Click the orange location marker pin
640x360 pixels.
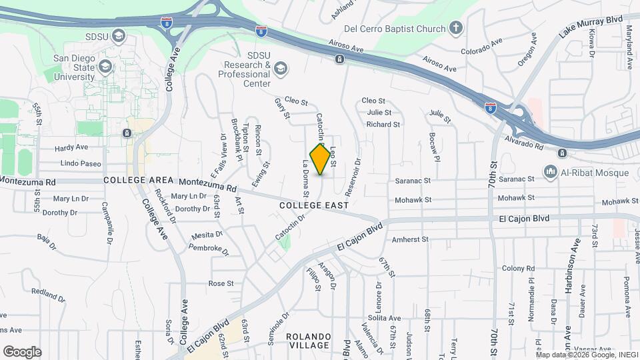321,159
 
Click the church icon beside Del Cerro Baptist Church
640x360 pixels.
455,28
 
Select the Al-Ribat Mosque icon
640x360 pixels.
551,173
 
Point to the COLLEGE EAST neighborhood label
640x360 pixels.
313,206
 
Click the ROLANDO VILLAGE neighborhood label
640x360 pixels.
309,340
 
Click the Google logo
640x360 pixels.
22,351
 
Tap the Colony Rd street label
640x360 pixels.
519,268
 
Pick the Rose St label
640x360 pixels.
221,283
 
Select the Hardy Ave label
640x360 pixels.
72,147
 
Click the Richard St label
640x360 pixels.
383,124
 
